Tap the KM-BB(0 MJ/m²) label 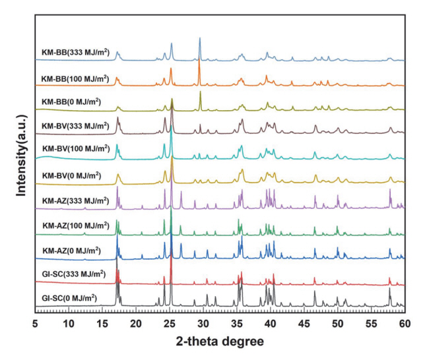point(71,102)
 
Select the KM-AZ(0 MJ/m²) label point(71,251)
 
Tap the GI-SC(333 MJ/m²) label point(74,274)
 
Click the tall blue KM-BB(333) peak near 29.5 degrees point(200,40)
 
